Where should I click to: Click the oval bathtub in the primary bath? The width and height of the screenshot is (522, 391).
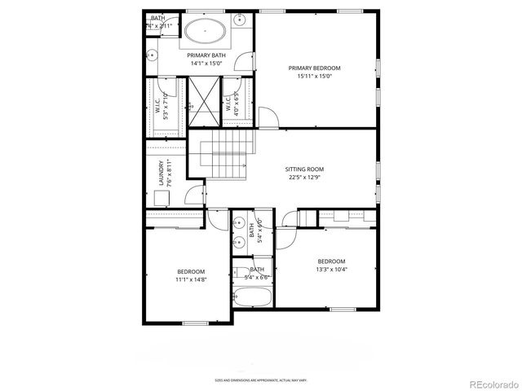[x=206, y=33]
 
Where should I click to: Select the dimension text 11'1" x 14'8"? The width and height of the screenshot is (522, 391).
[x=191, y=279]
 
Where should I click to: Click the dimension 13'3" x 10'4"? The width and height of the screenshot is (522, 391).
[x=331, y=270]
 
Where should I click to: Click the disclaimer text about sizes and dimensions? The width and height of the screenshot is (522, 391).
[x=261, y=379]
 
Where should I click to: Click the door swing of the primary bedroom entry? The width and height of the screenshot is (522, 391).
[x=268, y=116]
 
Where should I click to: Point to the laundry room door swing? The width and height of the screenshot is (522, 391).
[x=195, y=194]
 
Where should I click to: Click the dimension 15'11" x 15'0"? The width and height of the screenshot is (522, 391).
[x=314, y=77]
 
